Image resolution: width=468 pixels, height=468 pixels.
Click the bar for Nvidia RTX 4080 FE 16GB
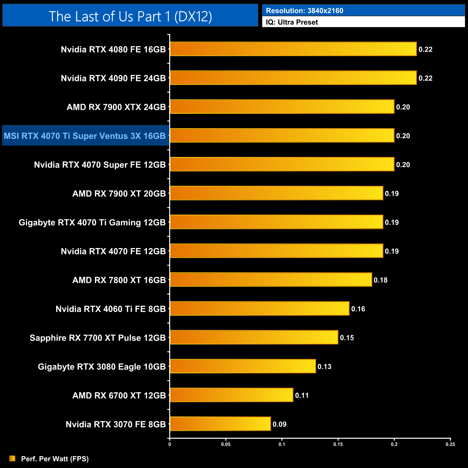pyautogui.click(x=293, y=49)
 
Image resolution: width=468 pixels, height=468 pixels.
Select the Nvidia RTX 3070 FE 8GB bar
pyautogui.click(x=220, y=424)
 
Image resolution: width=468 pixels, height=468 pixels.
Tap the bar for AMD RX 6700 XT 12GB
pyautogui.click(x=231, y=395)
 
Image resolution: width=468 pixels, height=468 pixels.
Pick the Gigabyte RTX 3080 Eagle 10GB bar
pyautogui.click(x=243, y=366)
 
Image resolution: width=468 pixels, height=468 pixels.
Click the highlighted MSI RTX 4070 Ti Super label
pyautogui.click(x=85, y=136)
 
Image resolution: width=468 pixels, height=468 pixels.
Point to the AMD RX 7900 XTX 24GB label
pyautogui.click(x=116, y=107)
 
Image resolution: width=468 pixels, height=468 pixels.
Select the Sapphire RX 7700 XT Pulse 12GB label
pyautogui.click(x=98, y=338)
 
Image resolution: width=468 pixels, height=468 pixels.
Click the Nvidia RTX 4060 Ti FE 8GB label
pyautogui.click(x=111, y=309)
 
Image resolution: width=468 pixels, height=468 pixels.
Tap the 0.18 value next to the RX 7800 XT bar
pyautogui.click(x=381, y=280)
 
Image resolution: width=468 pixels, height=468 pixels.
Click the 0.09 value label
pyautogui.click(x=279, y=424)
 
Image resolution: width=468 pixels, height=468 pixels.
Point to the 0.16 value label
pyautogui.click(x=358, y=309)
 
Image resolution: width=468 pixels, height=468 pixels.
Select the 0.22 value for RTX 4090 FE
pyautogui.click(x=425, y=78)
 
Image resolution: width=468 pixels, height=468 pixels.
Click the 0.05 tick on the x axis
pyautogui.click(x=226, y=444)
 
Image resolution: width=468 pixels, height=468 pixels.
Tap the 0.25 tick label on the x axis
pyautogui.click(x=450, y=444)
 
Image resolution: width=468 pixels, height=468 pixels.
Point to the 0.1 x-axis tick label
pyautogui.click(x=282, y=444)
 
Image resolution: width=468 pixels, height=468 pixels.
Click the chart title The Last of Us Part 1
pyautogui.click(x=130, y=16)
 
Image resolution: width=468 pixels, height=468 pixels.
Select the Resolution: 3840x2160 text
pyautogui.click(x=305, y=10)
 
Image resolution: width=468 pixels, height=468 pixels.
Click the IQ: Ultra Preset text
pyautogui.click(x=292, y=22)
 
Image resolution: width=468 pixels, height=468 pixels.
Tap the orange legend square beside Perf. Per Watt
pyautogui.click(x=13, y=458)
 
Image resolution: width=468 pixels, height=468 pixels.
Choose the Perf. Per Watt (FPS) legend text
pyautogui.click(x=55, y=459)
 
